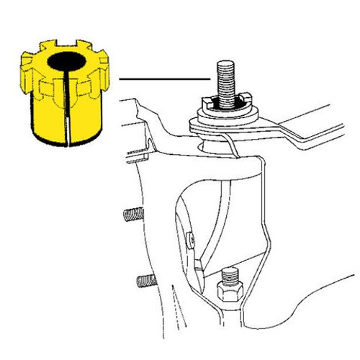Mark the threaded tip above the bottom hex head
[x=230, y=274]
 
